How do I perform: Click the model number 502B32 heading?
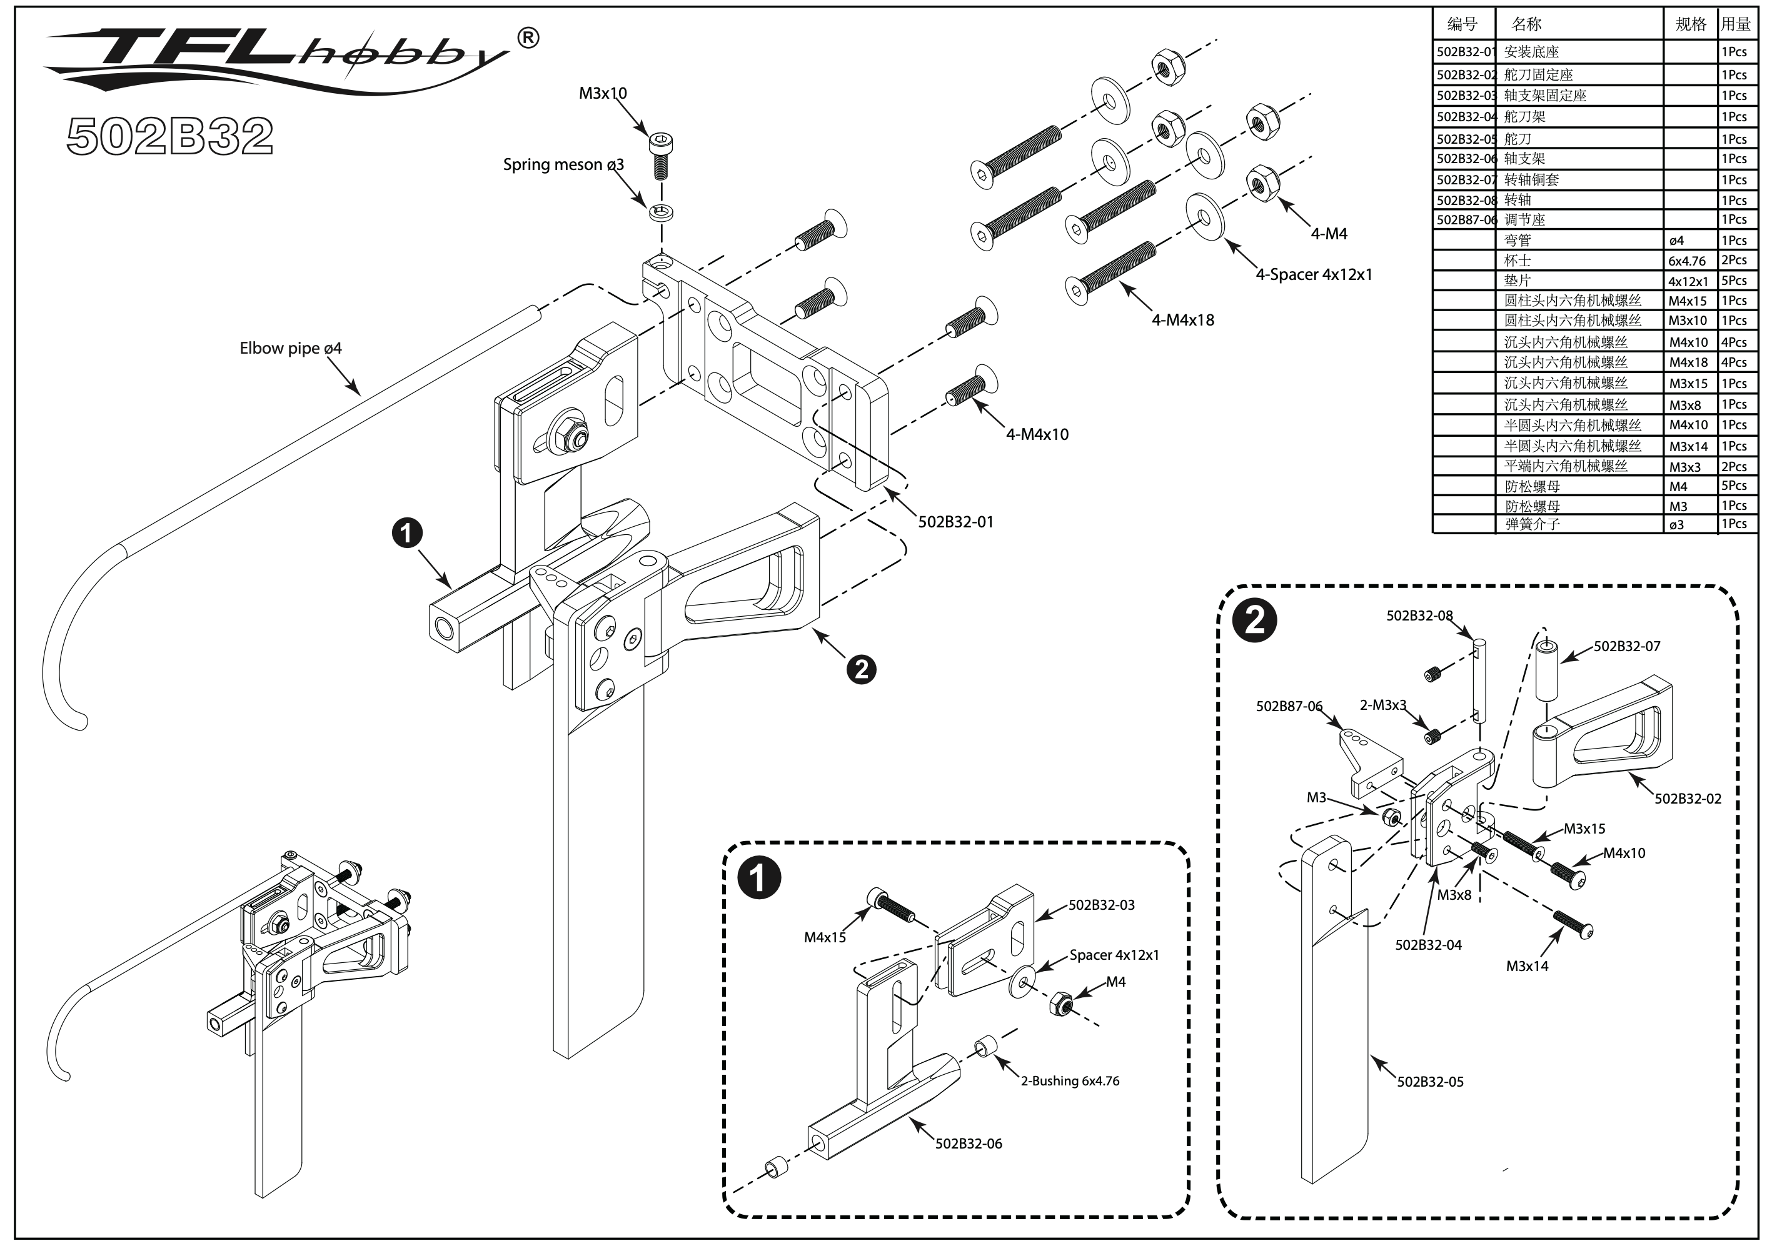coord(170,136)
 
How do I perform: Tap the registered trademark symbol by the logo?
coord(528,38)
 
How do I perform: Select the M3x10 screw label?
coord(603,94)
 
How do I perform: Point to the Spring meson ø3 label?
coord(563,165)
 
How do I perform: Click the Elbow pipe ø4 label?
coord(290,348)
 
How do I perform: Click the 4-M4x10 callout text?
coord(1037,435)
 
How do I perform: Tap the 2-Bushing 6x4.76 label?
coord(1070,1081)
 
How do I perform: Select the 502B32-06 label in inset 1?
coord(968,1144)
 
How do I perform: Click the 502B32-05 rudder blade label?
coord(1430,1082)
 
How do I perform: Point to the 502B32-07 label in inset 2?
coord(1627,647)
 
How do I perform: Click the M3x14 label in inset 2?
coord(1527,966)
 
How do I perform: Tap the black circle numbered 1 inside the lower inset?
coord(759,878)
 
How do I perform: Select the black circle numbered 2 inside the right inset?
coord(1254,621)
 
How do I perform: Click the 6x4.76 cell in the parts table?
coord(1687,261)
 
